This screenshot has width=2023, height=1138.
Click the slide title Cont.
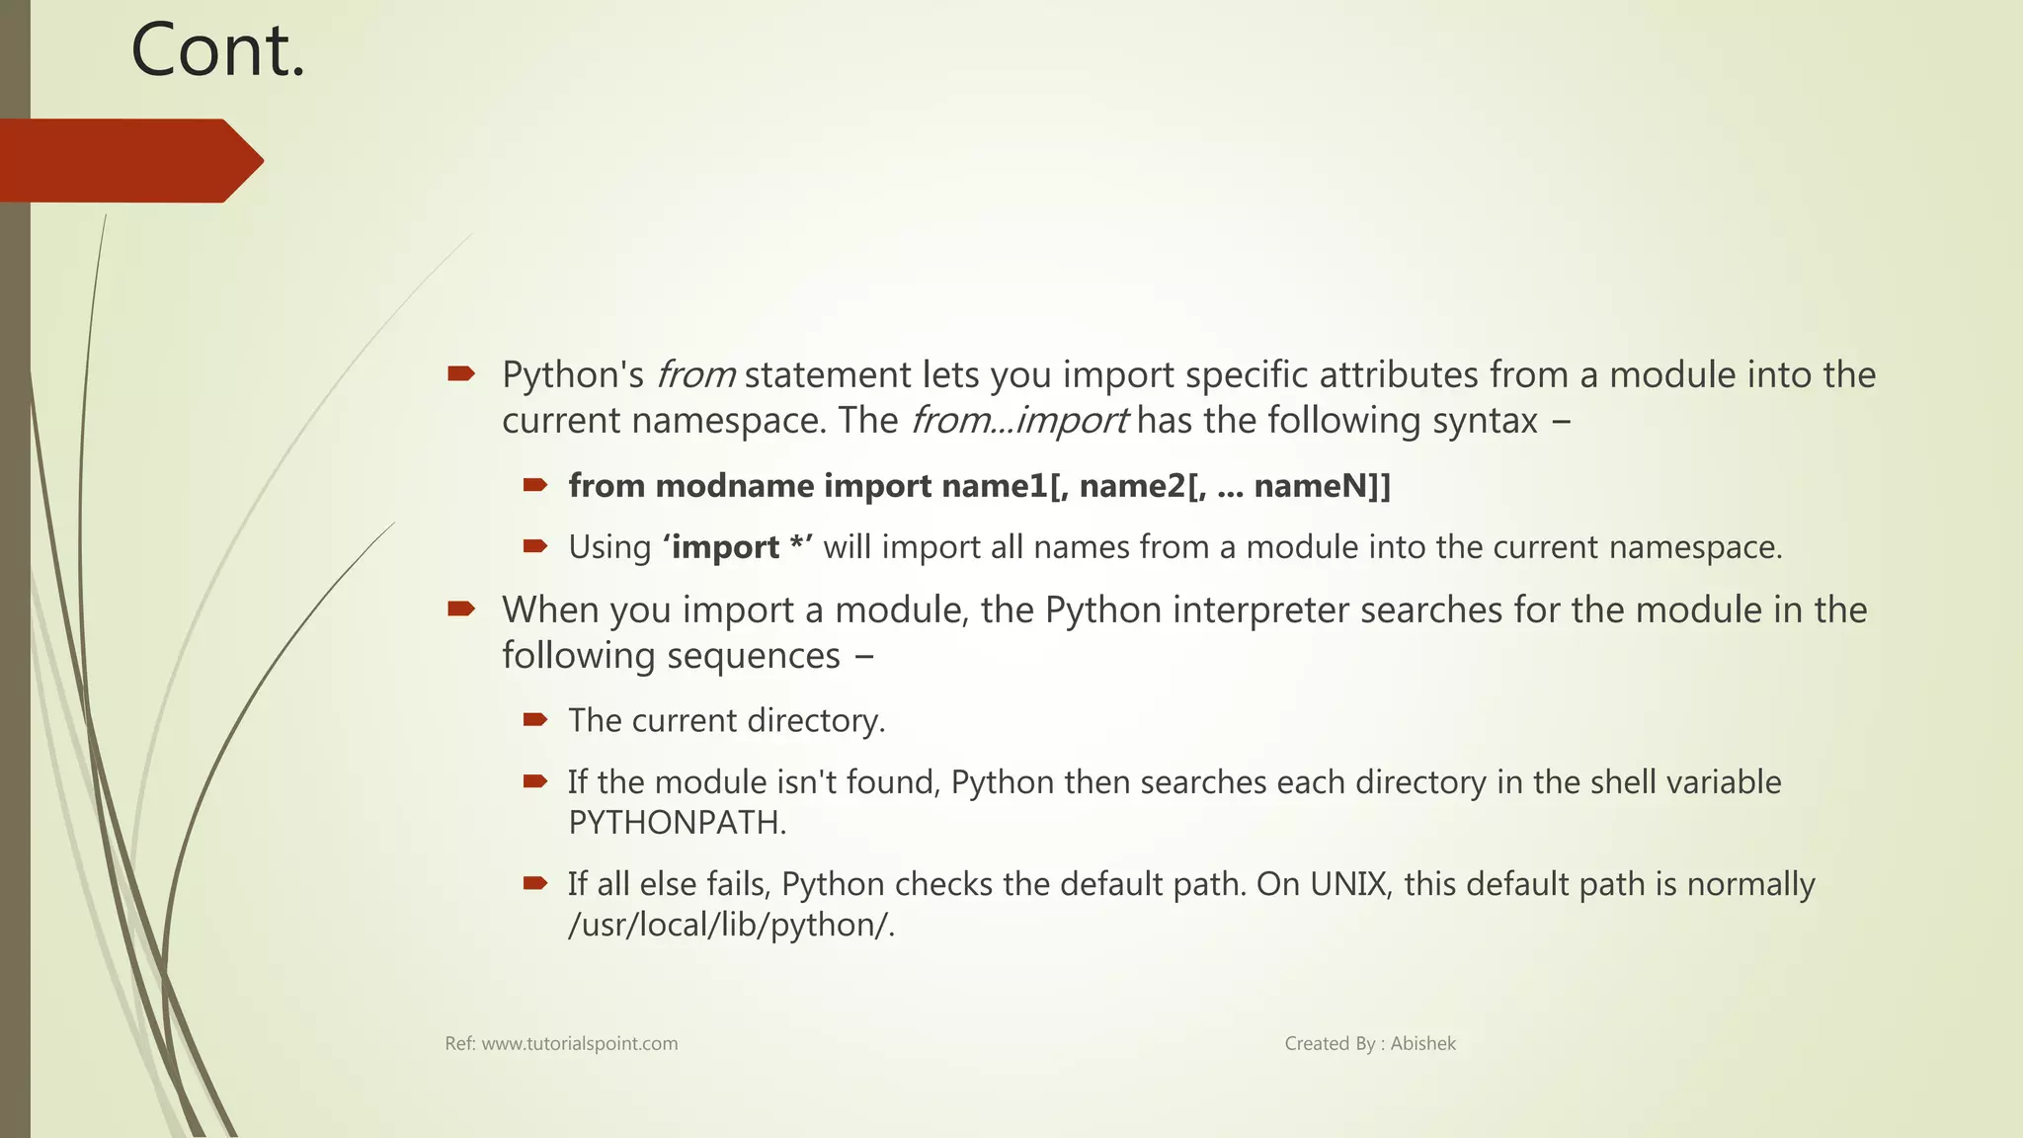click(x=218, y=51)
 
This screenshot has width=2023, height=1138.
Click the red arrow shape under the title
click(x=128, y=161)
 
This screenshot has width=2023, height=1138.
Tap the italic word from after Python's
click(x=695, y=375)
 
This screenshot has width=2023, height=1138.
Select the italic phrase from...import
click(x=1017, y=421)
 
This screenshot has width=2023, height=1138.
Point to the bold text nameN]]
click(x=1322, y=486)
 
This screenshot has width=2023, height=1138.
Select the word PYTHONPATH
click(x=676, y=823)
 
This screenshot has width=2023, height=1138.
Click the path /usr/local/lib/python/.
click(x=731, y=925)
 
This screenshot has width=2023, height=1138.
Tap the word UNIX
click(x=1349, y=884)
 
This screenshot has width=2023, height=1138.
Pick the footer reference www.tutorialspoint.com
click(x=580, y=1044)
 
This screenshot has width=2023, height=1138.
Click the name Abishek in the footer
click(x=1422, y=1044)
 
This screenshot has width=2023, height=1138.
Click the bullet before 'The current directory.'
click(x=535, y=720)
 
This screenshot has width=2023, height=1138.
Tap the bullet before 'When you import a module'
click(x=461, y=609)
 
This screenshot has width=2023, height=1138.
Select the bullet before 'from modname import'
click(x=535, y=485)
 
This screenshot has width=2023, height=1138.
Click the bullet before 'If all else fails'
click(x=535, y=883)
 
